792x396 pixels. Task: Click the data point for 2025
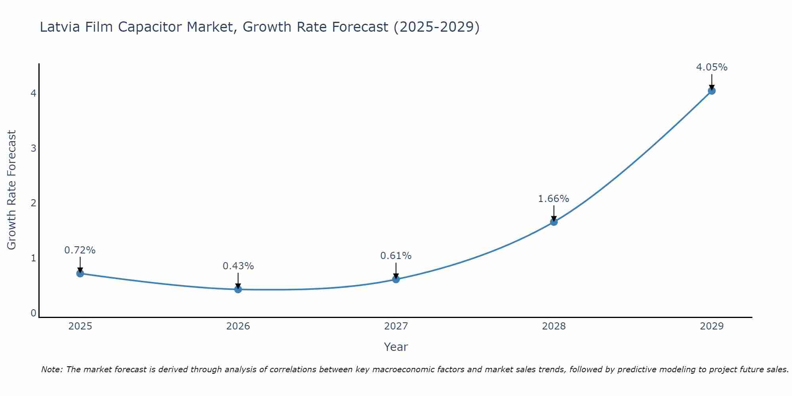(x=80, y=273)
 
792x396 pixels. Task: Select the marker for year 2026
(x=238, y=289)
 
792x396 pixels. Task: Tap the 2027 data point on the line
(x=396, y=279)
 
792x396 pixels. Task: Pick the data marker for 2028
(x=554, y=222)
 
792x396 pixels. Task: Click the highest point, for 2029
(x=712, y=91)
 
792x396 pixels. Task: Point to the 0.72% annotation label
(x=80, y=250)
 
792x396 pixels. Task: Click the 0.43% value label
(x=238, y=266)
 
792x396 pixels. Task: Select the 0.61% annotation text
(x=396, y=256)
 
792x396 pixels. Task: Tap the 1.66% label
(x=554, y=199)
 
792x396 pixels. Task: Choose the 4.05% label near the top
(x=712, y=67)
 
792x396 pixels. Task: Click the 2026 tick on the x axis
(x=238, y=326)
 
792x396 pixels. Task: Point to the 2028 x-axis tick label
(x=554, y=326)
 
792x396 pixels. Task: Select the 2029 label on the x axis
(x=712, y=326)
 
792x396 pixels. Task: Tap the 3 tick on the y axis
(x=33, y=148)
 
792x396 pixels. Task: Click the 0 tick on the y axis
(x=33, y=313)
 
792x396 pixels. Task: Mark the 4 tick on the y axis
(x=33, y=93)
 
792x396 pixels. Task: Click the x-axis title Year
(x=396, y=347)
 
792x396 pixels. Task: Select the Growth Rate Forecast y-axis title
(x=12, y=190)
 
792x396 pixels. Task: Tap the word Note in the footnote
(x=51, y=369)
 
